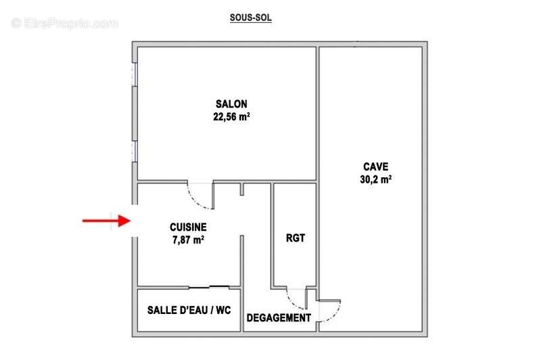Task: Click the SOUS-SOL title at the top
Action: (x=250, y=18)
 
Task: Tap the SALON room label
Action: (x=231, y=104)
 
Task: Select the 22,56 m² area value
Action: (x=231, y=116)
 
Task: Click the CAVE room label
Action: (x=376, y=166)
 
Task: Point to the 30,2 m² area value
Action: (x=376, y=179)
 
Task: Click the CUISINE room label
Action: (x=188, y=227)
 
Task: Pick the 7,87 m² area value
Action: (x=188, y=240)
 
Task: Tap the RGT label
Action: (x=296, y=238)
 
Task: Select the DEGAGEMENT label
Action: (x=279, y=318)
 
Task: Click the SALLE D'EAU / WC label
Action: (x=189, y=310)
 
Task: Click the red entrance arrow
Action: (x=106, y=221)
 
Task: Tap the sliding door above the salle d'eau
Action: (x=209, y=287)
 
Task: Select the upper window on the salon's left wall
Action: (x=135, y=74)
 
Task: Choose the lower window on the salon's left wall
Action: (x=135, y=151)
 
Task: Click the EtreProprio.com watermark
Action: (x=64, y=24)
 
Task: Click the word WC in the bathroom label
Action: (x=223, y=310)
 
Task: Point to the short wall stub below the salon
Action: (x=242, y=189)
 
